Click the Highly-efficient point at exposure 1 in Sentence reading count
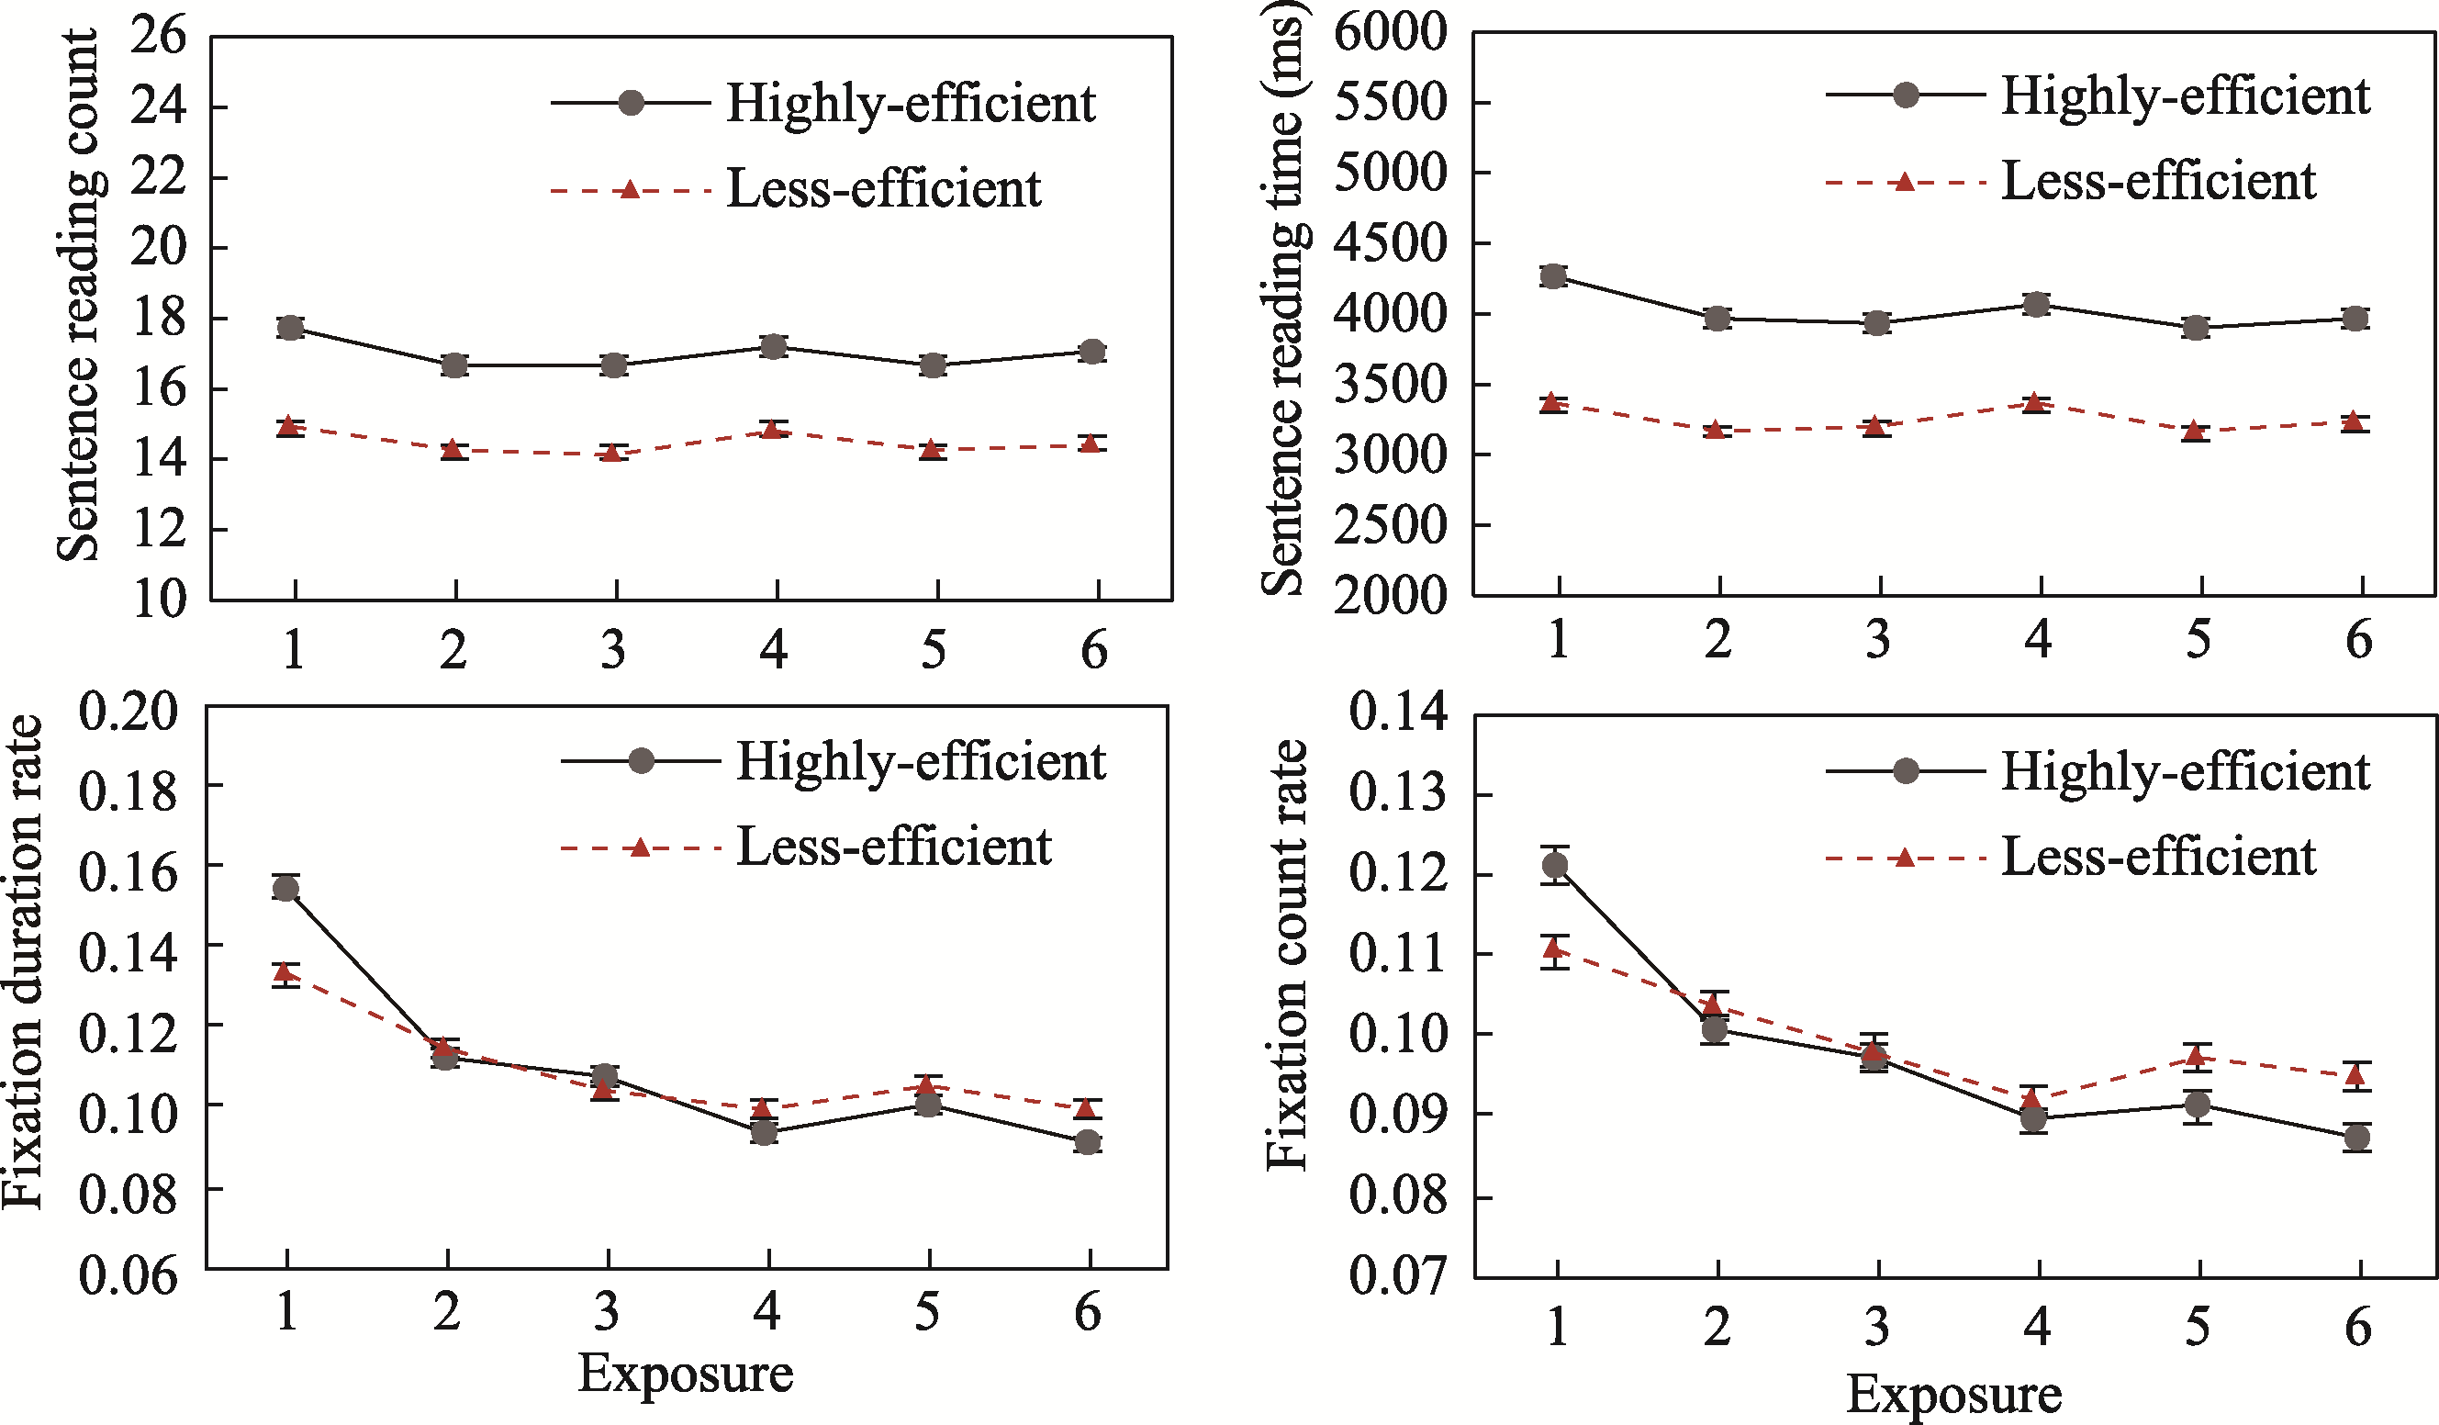[290, 328]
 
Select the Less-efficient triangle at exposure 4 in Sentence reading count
[771, 429]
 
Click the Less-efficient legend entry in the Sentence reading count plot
[883, 189]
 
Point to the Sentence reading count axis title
[77, 296]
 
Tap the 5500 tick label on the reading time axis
[1391, 102]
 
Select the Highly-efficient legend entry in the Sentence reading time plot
[2185, 95]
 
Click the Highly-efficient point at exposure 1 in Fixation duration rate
[285, 889]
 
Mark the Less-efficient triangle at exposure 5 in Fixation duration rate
[927, 1084]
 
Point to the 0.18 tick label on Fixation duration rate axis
[129, 791]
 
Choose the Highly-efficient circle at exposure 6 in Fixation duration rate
[1088, 1142]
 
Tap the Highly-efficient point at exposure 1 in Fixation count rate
[1555, 865]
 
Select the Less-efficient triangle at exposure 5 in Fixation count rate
[2197, 1056]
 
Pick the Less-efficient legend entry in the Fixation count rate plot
[2157, 857]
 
